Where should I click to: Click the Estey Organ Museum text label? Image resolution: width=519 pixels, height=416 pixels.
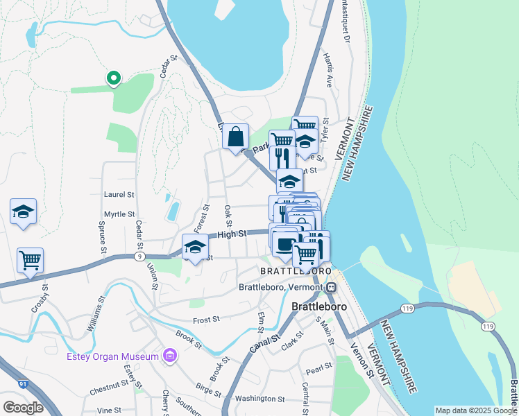point(113,357)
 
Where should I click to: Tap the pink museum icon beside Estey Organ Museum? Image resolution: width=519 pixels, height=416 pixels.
point(169,356)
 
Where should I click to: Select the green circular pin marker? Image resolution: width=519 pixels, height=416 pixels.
point(113,79)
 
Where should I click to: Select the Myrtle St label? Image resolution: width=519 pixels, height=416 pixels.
point(119,214)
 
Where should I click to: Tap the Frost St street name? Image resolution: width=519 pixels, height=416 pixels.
point(206,320)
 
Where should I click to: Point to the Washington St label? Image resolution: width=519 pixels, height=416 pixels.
point(259,399)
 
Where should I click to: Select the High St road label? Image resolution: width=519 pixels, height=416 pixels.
point(232,234)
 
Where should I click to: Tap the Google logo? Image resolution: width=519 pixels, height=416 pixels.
point(23,407)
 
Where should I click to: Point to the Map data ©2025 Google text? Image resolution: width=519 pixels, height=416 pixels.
point(475,410)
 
